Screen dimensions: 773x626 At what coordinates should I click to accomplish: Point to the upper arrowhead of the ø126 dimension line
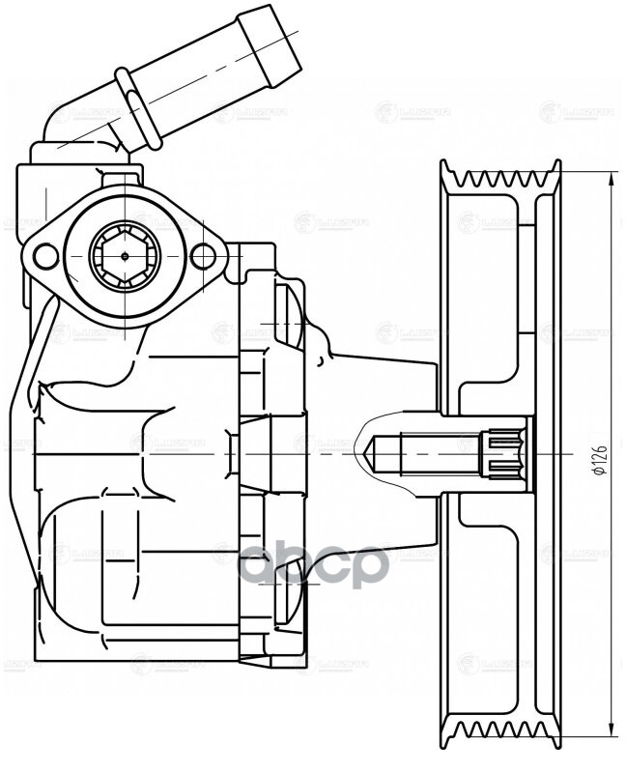(613, 177)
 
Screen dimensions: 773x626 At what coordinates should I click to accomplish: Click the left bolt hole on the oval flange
(44, 256)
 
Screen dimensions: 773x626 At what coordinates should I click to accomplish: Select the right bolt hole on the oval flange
(203, 256)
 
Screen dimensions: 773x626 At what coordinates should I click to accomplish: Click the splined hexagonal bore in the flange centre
(124, 256)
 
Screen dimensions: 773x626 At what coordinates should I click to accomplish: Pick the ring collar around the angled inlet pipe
(138, 108)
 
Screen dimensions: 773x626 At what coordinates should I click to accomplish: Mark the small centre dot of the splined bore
(124, 256)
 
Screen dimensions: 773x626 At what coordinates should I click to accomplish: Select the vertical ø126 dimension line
(613, 338)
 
